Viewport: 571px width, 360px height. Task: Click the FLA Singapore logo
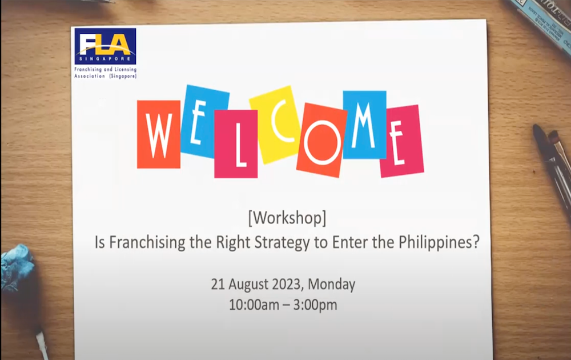(x=105, y=46)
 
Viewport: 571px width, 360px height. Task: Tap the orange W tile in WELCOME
(x=159, y=134)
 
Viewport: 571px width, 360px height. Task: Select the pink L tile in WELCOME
(x=236, y=144)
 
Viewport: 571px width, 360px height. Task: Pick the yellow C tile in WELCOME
(x=276, y=125)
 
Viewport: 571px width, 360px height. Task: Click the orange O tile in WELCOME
(x=322, y=140)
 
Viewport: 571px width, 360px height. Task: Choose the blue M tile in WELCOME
(x=364, y=125)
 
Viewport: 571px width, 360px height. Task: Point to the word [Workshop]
(x=287, y=218)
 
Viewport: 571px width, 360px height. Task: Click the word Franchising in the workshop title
(x=147, y=242)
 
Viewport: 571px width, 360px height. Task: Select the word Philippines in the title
(x=439, y=242)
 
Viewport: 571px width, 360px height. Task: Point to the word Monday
(x=331, y=284)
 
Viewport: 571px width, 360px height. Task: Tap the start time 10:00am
(x=254, y=305)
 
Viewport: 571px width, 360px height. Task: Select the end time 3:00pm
(x=315, y=305)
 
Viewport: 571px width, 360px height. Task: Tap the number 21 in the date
(x=218, y=284)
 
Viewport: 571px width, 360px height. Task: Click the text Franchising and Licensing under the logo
(x=105, y=69)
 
